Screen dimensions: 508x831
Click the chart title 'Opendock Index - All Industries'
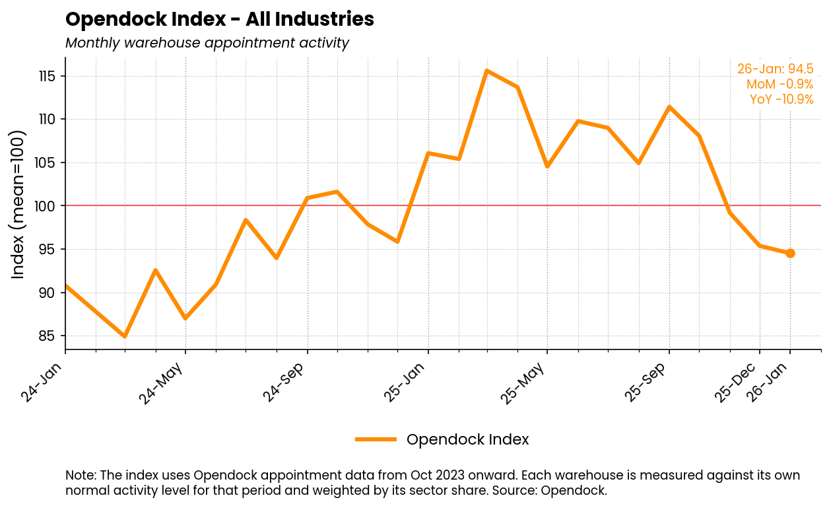coord(220,20)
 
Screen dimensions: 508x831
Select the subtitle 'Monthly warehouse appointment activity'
coord(207,44)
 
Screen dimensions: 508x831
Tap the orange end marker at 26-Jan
coord(790,253)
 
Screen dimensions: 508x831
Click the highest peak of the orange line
coord(486,71)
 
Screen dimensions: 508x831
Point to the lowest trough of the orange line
coord(125,336)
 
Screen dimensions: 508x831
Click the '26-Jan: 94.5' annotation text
coord(775,69)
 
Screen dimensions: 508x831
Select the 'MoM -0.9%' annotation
coord(780,85)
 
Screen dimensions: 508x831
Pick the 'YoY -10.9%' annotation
coord(781,100)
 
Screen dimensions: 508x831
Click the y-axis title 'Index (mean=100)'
coord(18,204)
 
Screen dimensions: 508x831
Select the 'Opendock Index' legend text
coord(467,440)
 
